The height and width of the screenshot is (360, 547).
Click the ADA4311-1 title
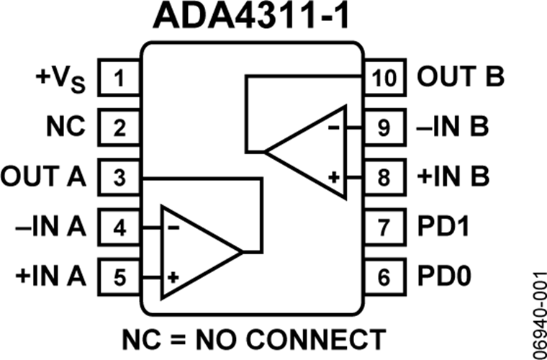250,16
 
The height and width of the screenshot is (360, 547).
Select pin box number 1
119,78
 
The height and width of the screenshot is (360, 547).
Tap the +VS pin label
60,80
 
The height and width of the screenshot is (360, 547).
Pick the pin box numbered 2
119,127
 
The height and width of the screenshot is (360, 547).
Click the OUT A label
43,177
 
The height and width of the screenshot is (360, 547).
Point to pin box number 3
119,177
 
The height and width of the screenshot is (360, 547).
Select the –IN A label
50,227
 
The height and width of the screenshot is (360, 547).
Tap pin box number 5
119,277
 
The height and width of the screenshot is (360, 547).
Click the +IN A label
50,277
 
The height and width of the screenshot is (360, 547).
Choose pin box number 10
385,78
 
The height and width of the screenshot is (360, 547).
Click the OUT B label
461,77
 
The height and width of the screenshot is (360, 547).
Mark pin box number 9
385,127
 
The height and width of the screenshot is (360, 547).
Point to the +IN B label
453,177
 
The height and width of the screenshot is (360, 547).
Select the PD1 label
443,227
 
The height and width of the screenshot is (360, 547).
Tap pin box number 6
385,277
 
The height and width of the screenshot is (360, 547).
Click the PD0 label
444,277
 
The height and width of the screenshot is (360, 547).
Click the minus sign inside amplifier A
173,228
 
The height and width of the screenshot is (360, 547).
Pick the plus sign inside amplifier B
334,178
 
